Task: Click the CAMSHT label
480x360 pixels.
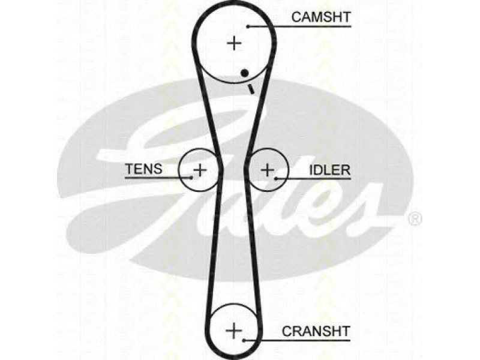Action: click(321, 17)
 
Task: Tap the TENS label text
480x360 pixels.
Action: click(144, 169)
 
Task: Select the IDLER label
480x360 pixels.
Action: click(329, 170)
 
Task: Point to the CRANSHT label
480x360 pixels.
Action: click(316, 331)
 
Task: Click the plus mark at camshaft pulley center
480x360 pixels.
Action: click(234, 43)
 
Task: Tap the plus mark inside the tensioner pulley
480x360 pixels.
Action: click(200, 170)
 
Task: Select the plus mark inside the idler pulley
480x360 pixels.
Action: click(268, 170)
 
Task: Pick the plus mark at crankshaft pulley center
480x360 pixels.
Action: click(233, 331)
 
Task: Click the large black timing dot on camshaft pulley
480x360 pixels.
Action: click(244, 73)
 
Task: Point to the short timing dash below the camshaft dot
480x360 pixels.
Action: click(251, 89)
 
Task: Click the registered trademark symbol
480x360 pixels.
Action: click(415, 219)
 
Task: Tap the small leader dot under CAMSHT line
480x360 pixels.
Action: click(248, 26)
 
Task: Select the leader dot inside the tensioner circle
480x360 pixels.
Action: click(191, 177)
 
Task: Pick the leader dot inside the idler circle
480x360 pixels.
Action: click(275, 178)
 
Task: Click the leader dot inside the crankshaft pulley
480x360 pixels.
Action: click(244, 340)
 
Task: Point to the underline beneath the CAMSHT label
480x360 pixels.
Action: click(299, 26)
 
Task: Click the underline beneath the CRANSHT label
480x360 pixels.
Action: click(296, 340)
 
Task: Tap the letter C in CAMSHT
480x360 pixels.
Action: click(296, 17)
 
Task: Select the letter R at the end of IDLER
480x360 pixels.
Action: click(346, 170)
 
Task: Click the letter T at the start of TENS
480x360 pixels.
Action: click(130, 169)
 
